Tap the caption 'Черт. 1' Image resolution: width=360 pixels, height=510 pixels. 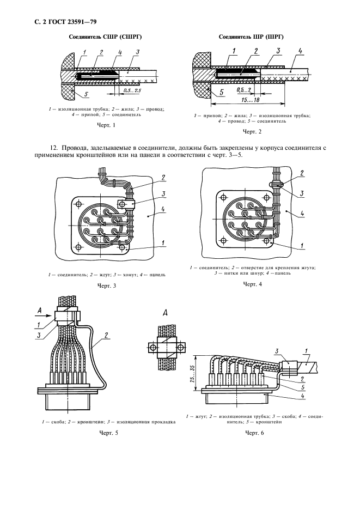click(x=106, y=126)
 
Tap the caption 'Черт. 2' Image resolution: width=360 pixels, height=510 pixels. click(x=252, y=132)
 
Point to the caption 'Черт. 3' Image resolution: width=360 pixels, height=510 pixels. click(x=107, y=286)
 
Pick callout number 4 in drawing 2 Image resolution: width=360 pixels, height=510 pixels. click(x=300, y=52)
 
